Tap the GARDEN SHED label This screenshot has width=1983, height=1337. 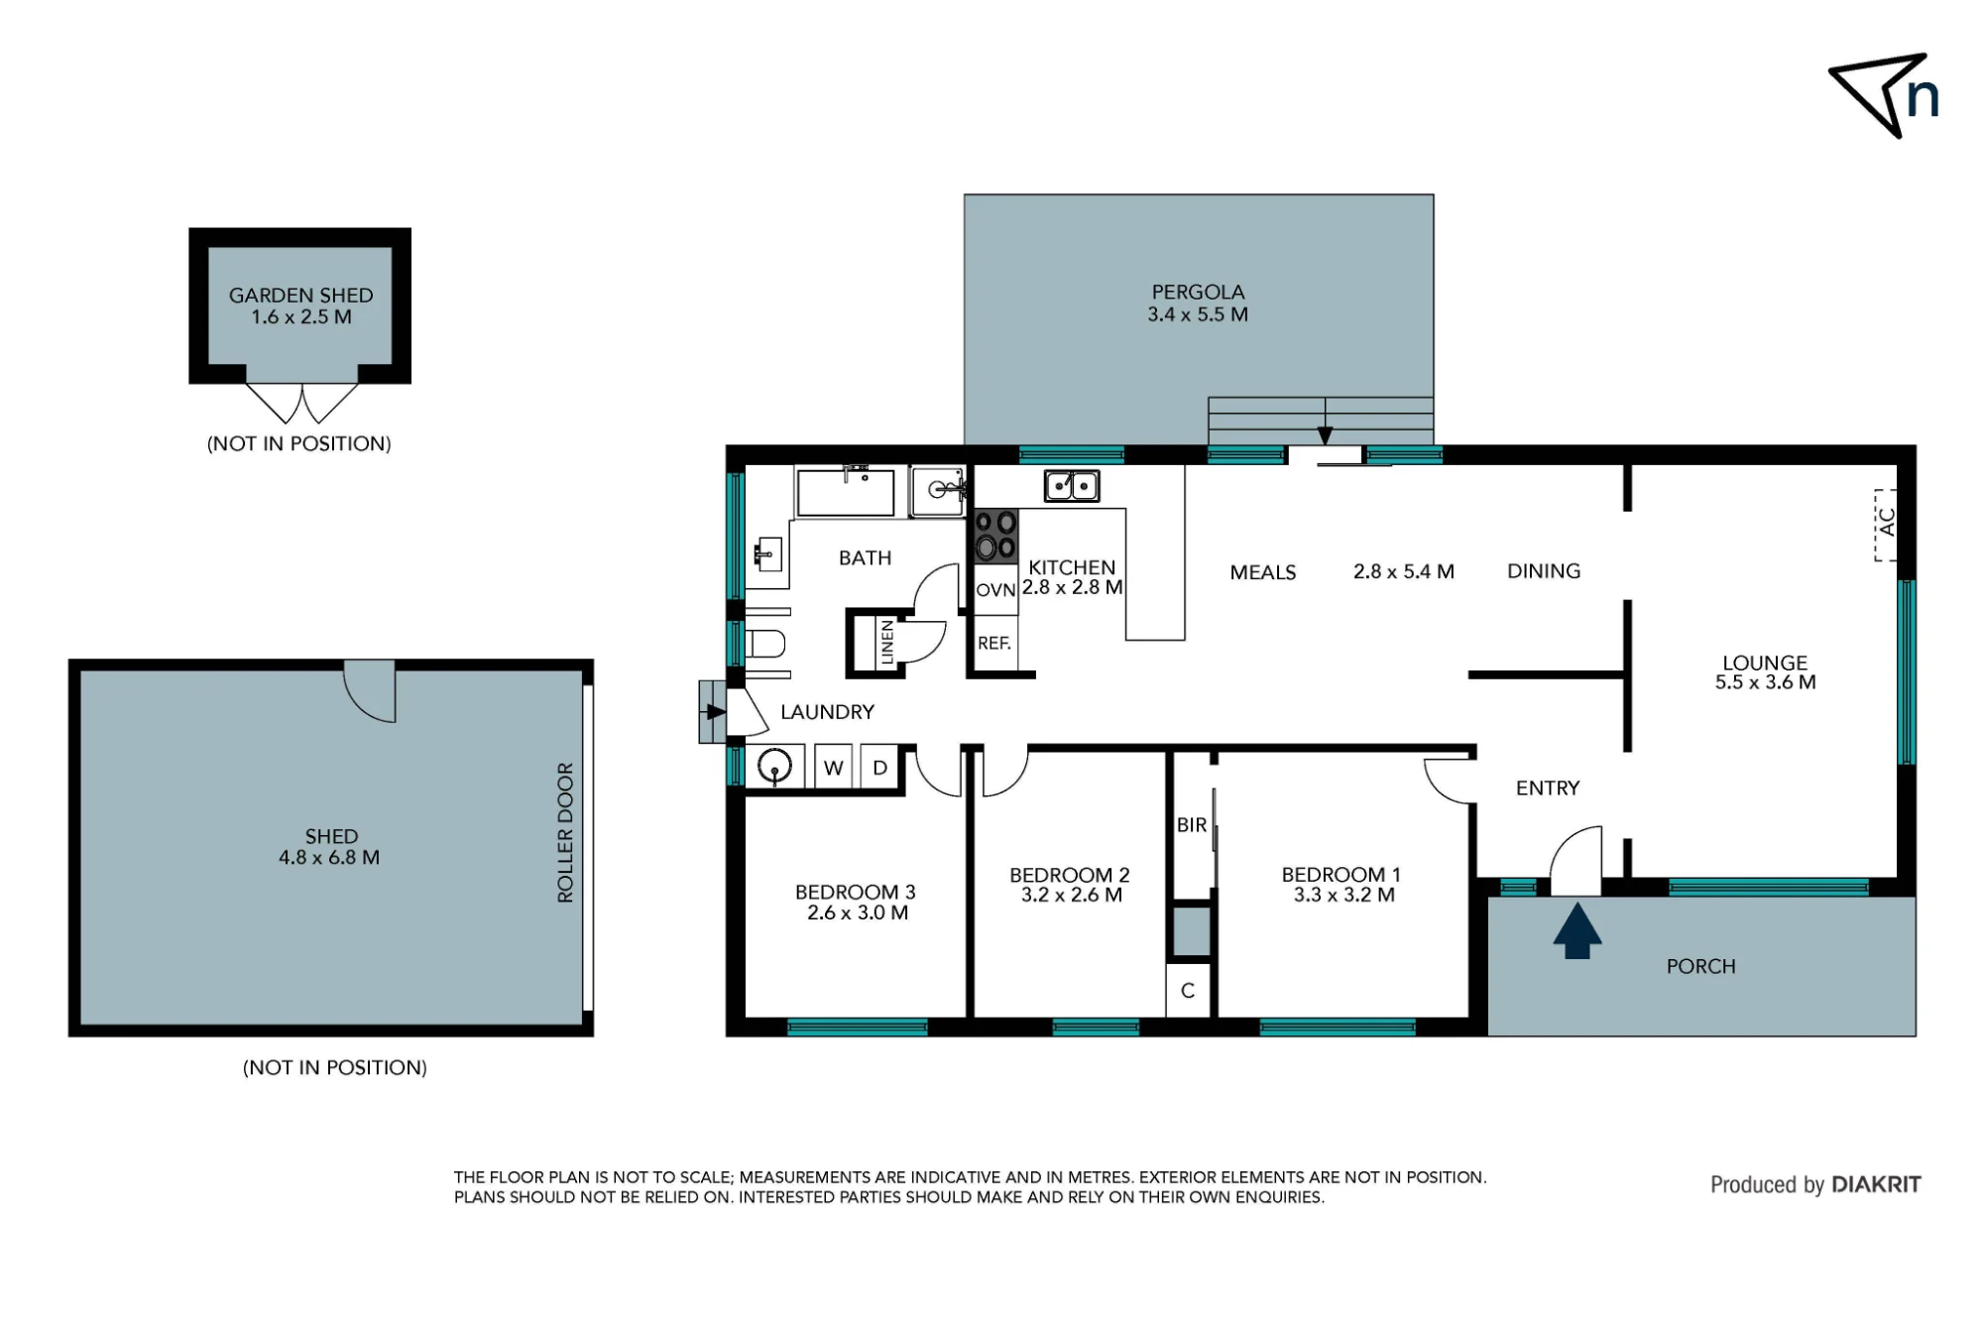pyautogui.click(x=301, y=296)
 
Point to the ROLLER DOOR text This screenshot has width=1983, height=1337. pyautogui.click(x=565, y=832)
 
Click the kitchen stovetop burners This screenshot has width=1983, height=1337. pyautogui.click(x=995, y=536)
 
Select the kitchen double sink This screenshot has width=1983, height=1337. pyautogui.click(x=1072, y=486)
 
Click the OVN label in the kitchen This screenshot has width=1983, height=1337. pyautogui.click(x=995, y=590)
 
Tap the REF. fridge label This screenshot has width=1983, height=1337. pyautogui.click(x=994, y=644)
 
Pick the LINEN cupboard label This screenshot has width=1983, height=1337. pyautogui.click(x=887, y=643)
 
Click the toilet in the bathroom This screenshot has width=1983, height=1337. pyautogui.click(x=764, y=644)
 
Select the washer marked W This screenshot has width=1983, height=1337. pyautogui.click(x=834, y=768)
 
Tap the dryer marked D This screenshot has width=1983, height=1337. pyautogui.click(x=879, y=768)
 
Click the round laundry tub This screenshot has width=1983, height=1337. pyautogui.click(x=774, y=767)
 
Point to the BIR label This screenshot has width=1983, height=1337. pyautogui.click(x=1192, y=825)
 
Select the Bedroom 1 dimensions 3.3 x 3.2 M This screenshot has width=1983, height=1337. pyautogui.click(x=1343, y=896)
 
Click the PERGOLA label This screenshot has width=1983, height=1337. pyautogui.click(x=1198, y=293)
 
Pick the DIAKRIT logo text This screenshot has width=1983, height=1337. pyautogui.click(x=1876, y=1184)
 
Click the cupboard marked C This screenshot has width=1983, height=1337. pyautogui.click(x=1188, y=991)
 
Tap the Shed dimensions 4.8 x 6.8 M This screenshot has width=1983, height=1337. pyautogui.click(x=329, y=858)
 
